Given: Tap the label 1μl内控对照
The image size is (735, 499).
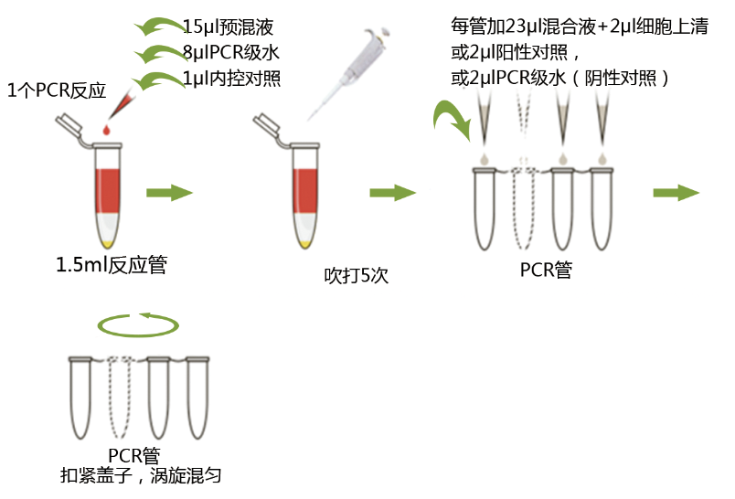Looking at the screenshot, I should pyautogui.click(x=231, y=79).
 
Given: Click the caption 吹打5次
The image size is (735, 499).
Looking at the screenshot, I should pyautogui.click(x=357, y=275).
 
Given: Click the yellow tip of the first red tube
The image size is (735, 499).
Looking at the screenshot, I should pyautogui.click(x=108, y=242).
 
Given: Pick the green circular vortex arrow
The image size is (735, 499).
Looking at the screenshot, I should pyautogui.click(x=138, y=324).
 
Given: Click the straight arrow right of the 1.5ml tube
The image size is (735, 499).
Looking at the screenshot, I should pyautogui.click(x=170, y=192).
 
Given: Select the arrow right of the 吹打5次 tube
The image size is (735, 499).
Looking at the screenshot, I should pyautogui.click(x=393, y=193).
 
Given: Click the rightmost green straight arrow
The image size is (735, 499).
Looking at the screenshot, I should pyautogui.click(x=676, y=193).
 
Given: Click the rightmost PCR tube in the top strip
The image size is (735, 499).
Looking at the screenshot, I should pyautogui.click(x=602, y=208).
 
